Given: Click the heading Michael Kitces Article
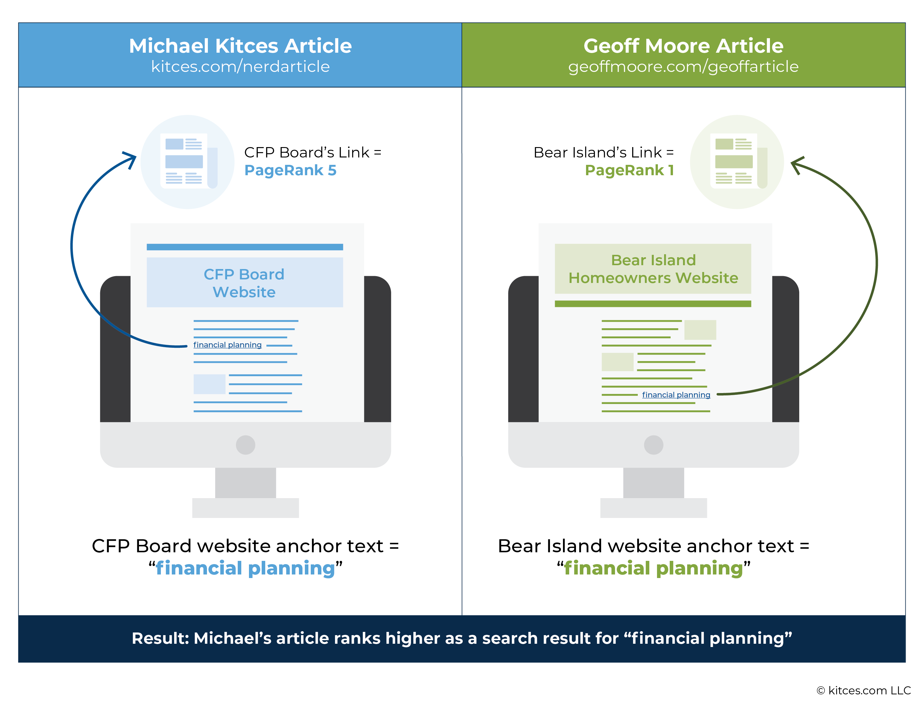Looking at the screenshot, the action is pyautogui.click(x=240, y=46).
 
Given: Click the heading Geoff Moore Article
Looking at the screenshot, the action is pyautogui.click(x=683, y=46).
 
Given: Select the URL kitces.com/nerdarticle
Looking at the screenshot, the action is pyautogui.click(x=240, y=66).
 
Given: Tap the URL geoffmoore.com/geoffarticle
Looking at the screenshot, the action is pyautogui.click(x=683, y=67).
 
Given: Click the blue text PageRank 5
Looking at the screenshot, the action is pyautogui.click(x=290, y=170).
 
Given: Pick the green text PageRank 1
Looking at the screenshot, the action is pyautogui.click(x=629, y=170).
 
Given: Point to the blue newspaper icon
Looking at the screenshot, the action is pyautogui.click(x=187, y=162).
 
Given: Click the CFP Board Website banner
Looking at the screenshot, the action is pyautogui.click(x=245, y=282).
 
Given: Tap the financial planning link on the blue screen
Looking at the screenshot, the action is pyautogui.click(x=227, y=345).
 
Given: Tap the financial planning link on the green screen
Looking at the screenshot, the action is pyautogui.click(x=676, y=395).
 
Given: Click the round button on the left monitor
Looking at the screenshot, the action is pyautogui.click(x=246, y=445).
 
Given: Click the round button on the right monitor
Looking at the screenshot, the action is pyautogui.click(x=653, y=445).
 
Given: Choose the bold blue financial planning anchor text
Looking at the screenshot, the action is pyautogui.click(x=245, y=569).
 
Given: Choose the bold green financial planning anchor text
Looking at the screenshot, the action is pyautogui.click(x=653, y=569).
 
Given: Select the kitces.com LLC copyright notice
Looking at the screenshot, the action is pyautogui.click(x=864, y=690).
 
